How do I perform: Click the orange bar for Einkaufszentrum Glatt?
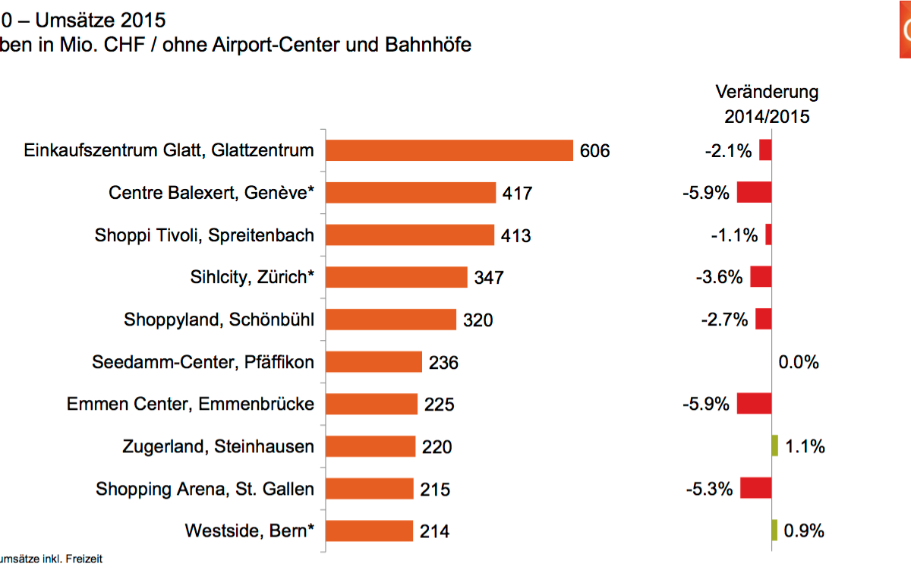point(449,150)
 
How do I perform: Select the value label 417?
point(517,194)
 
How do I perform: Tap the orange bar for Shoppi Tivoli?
point(410,235)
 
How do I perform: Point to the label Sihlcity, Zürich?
point(252,277)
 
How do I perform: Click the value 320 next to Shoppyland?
point(478,320)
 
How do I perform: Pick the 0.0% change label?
point(799,362)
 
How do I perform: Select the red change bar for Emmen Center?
point(754,404)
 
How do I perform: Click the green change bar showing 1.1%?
point(775,446)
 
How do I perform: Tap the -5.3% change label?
point(709,489)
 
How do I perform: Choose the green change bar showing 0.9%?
point(774,531)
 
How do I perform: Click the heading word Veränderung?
point(767,93)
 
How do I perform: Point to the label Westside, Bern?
point(249,531)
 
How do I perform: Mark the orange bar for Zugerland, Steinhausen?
point(370,446)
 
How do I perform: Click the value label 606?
point(594,151)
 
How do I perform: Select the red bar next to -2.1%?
point(765,150)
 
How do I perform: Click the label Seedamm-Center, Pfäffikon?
point(203,362)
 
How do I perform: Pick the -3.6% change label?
point(719,277)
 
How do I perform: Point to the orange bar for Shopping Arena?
point(370,489)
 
